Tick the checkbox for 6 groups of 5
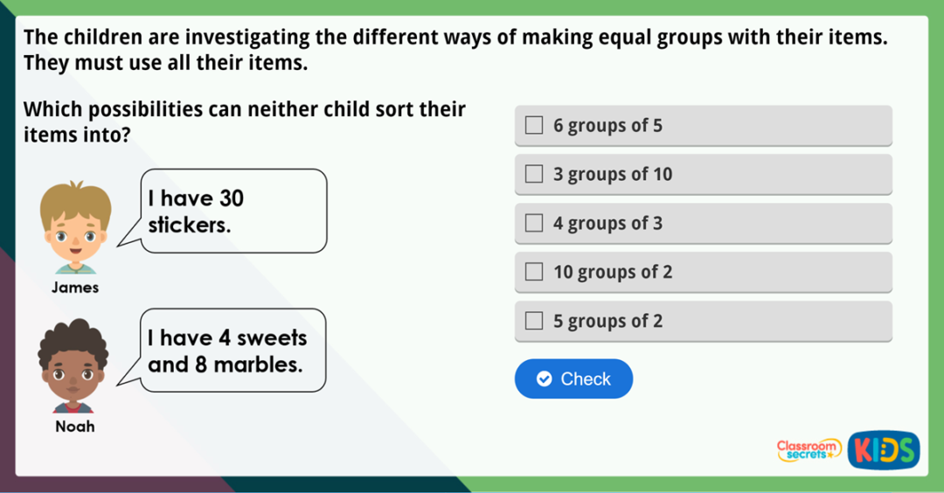pyautogui.click(x=534, y=126)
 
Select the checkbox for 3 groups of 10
pyautogui.click(x=534, y=175)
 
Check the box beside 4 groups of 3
pyautogui.click(x=534, y=224)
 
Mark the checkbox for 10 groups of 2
pyautogui.click(x=534, y=273)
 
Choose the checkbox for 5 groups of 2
pyautogui.click(x=534, y=322)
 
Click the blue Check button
pyautogui.click(x=573, y=378)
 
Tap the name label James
pyautogui.click(x=75, y=288)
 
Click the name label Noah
pyautogui.click(x=75, y=427)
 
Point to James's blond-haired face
pyautogui.click(x=75, y=229)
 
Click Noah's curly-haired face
pyautogui.click(x=73, y=367)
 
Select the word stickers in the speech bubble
pyautogui.click(x=189, y=226)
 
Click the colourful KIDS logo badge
pyautogui.click(x=883, y=450)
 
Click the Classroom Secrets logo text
pyautogui.click(x=809, y=449)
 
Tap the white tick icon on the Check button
pyautogui.click(x=544, y=378)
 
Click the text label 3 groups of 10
pyautogui.click(x=613, y=175)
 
